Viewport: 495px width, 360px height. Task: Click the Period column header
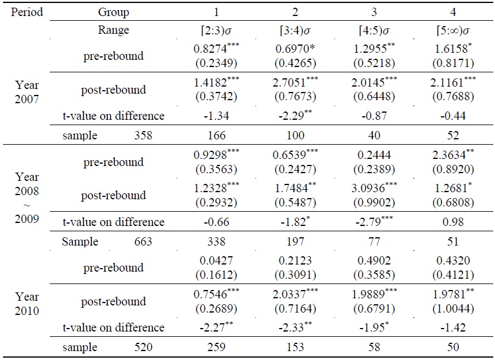[27, 12]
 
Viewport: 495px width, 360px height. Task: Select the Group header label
[113, 12]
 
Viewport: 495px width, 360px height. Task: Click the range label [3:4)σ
[295, 30]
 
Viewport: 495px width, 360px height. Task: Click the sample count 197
[295, 241]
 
